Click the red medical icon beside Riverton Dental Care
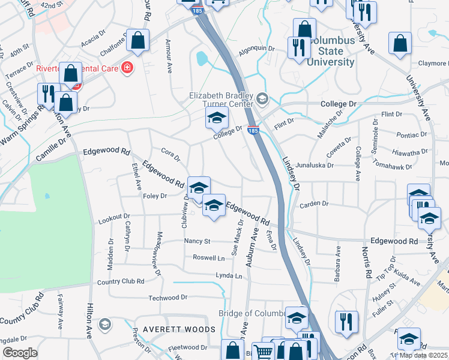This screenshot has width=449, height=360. click(127, 67)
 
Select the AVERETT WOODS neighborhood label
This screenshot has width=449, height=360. click(179, 330)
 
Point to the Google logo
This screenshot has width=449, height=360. click(20, 353)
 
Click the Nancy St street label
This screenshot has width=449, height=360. click(197, 241)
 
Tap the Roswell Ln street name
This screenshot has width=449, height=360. click(208, 258)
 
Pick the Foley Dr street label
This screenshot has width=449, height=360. click(155, 195)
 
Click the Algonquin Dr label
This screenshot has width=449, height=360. click(256, 49)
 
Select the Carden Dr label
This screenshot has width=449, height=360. click(316, 203)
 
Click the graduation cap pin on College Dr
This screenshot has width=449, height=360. click(217, 118)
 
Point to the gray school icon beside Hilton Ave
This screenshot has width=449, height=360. click(104, 325)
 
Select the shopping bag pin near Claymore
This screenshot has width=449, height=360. click(400, 43)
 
